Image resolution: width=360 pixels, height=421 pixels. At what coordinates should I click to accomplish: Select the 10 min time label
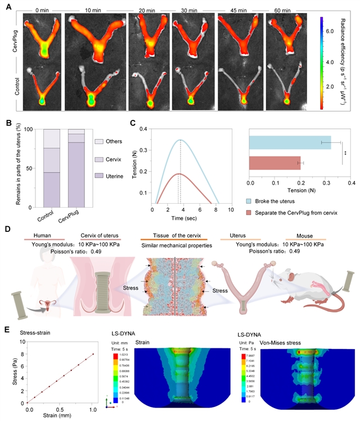(x=93, y=10)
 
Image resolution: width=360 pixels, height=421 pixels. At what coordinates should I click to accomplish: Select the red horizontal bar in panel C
(x=275, y=163)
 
